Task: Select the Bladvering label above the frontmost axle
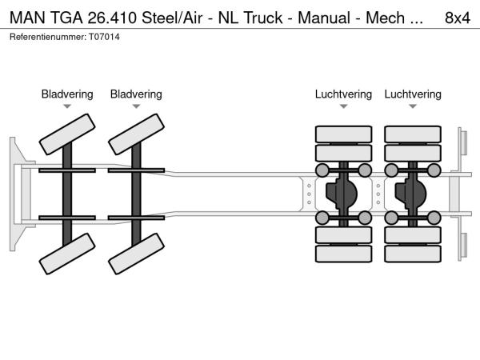point(67,94)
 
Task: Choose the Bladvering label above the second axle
point(136,94)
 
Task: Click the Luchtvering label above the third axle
point(343,94)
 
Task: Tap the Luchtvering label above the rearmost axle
point(413,94)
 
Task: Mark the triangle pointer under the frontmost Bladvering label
point(67,106)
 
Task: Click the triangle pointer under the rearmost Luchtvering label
point(413,106)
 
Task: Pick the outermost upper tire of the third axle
point(343,134)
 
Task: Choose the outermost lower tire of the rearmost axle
point(413,254)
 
